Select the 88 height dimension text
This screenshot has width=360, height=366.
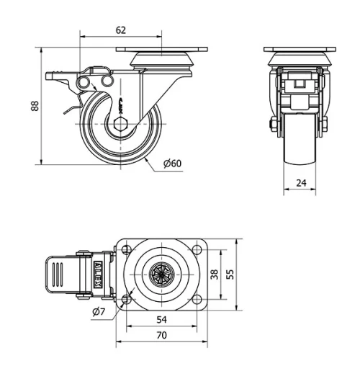pos(34,105)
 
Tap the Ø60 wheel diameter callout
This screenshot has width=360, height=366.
pos(172,164)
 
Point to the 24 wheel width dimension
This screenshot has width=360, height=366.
pos(301,183)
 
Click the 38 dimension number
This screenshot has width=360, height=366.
pos(213,274)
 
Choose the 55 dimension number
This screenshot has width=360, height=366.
pos(230,274)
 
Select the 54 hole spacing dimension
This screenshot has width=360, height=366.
pos(162,319)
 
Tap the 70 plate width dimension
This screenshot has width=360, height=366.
pos(162,335)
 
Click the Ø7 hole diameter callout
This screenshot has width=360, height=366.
pos(99,311)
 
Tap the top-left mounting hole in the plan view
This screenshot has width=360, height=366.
pos(127,250)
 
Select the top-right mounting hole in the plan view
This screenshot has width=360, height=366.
pos(197,250)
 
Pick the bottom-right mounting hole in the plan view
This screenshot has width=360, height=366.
pos(197,299)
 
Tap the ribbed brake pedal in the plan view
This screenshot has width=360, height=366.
pos(60,274)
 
